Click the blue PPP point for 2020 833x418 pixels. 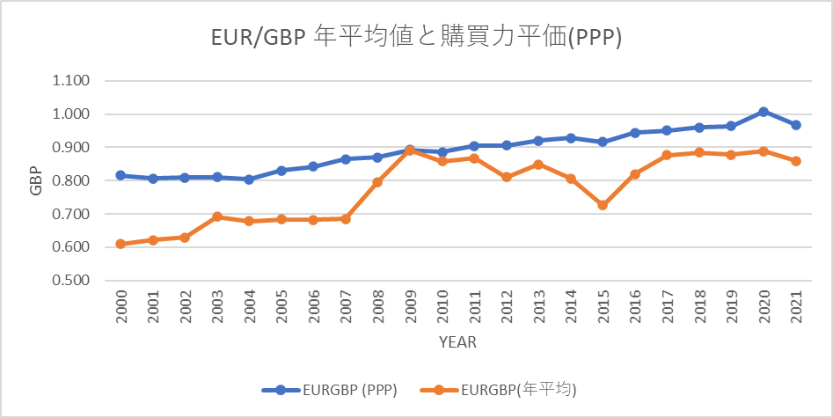pyautogui.click(x=764, y=112)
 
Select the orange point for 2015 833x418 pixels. pyautogui.click(x=603, y=205)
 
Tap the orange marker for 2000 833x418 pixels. pyautogui.click(x=121, y=244)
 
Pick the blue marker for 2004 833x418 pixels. pyautogui.click(x=249, y=180)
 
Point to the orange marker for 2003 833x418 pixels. pyautogui.click(x=216, y=216)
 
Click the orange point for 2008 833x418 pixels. pyautogui.click(x=377, y=182)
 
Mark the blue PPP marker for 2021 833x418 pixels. pyautogui.click(x=796, y=125)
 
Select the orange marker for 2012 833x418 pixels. pyautogui.click(x=507, y=177)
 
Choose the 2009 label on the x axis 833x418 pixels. pyautogui.click(x=410, y=305)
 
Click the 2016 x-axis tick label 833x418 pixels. pyautogui.click(x=635, y=305)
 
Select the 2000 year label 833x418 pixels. pyautogui.click(x=121, y=305)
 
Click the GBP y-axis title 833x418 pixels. pyautogui.click(x=35, y=180)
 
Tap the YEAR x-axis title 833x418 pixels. pyautogui.click(x=458, y=342)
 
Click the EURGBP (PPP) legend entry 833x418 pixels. pyautogui.click(x=329, y=391)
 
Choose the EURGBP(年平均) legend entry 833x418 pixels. pyautogui.click(x=499, y=391)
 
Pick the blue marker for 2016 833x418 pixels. pyautogui.click(x=635, y=132)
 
